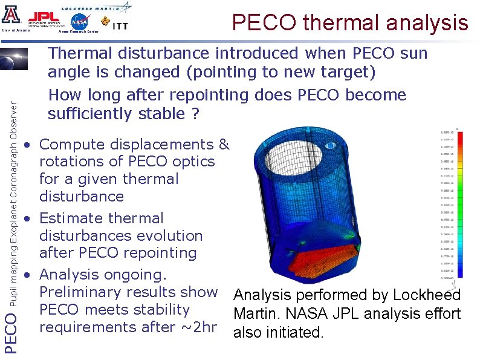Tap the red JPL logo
pos(44,16)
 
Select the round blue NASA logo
pos(79,22)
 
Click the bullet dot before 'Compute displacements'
pos(27,146)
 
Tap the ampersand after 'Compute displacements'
pos(223,145)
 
